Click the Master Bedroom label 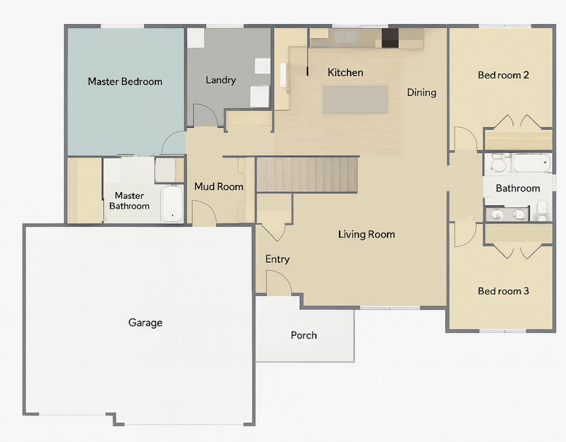[125, 81]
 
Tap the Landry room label [221, 80]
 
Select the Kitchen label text [345, 73]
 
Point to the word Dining [421, 92]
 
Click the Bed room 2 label [503, 75]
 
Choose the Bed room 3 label [503, 291]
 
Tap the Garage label [145, 323]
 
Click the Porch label [304, 335]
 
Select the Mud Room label [219, 187]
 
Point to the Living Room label [366, 234]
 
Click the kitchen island [355, 100]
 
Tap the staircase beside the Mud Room [307, 174]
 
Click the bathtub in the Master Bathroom [172, 204]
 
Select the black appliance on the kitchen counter [390, 38]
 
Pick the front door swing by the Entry [278, 282]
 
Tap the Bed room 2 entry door [465, 138]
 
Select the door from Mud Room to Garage [203, 213]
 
